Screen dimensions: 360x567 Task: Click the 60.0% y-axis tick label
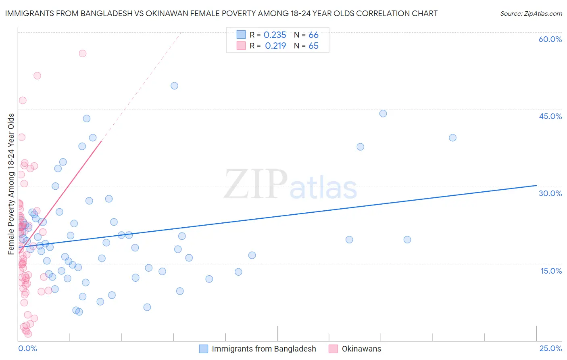[550, 39]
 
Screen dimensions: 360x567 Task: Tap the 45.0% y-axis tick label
[550, 116]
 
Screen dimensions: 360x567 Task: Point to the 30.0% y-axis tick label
[550, 193]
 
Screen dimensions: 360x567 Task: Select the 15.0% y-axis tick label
[551, 271]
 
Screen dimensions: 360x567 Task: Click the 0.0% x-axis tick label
[27, 348]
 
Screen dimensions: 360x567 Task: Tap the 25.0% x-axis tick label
[550, 348]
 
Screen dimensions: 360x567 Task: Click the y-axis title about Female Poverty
[11, 184]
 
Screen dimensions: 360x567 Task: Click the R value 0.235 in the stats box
[275, 35]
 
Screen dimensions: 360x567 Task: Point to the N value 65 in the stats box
[313, 46]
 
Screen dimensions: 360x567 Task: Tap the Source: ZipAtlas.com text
[531, 14]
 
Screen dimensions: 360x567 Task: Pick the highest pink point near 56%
[83, 53]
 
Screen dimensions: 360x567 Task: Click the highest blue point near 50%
[174, 86]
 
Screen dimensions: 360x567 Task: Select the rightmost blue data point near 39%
[452, 138]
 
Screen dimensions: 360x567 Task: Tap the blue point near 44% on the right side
[383, 113]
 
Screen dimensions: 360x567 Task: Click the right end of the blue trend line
[536, 185]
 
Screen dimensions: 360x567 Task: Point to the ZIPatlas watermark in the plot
[290, 185]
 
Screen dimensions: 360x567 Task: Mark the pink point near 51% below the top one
[37, 75]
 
